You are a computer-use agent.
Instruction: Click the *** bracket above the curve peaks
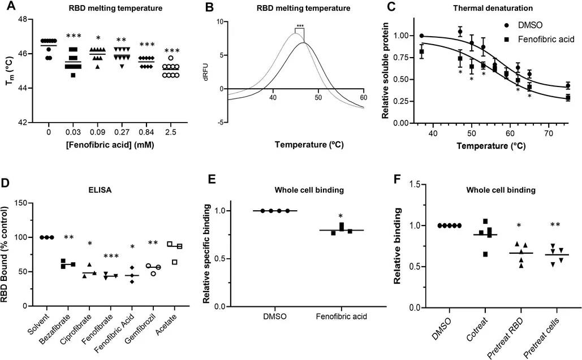[x=299, y=27]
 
